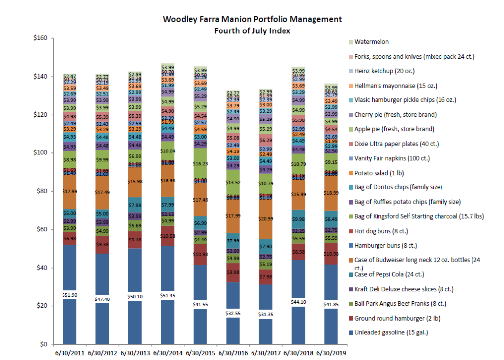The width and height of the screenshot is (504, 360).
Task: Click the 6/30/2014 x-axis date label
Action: (167, 353)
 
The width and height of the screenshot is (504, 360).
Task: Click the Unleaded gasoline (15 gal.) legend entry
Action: (388, 333)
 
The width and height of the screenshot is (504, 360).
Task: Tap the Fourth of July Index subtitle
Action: (252, 30)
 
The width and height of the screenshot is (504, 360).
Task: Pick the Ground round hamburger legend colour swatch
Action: (350, 319)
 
